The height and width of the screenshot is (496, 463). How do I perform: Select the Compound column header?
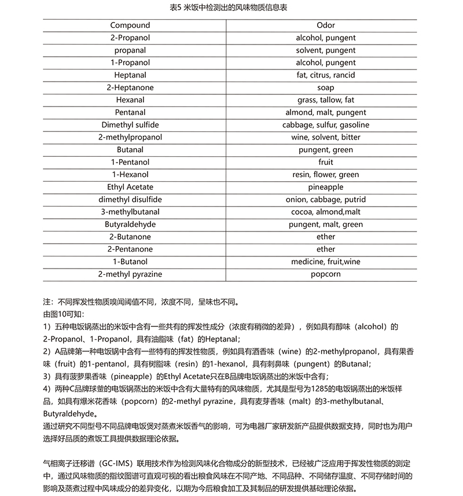(130, 25)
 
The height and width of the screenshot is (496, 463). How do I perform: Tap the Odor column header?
(326, 25)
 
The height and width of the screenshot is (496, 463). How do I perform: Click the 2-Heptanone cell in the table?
(130, 87)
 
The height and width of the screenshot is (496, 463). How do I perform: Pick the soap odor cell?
(326, 87)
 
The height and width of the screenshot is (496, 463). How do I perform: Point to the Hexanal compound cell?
(130, 100)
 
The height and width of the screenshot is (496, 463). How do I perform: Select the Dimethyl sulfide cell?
(130, 125)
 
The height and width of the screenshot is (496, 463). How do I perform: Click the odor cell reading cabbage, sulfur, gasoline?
(326, 125)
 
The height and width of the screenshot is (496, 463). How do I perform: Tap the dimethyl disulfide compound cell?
(130, 200)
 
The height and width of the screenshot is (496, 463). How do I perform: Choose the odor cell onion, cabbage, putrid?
(326, 200)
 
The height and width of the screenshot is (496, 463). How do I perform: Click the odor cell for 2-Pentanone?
(326, 249)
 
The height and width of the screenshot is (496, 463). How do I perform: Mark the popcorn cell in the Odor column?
(326, 274)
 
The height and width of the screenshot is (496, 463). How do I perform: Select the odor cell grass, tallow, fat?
(326, 100)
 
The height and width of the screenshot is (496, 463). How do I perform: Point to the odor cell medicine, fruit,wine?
(326, 262)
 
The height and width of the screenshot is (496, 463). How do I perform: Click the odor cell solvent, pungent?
(326, 50)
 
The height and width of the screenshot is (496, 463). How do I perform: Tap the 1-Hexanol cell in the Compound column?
(130, 175)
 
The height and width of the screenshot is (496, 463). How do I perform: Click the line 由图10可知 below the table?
(64, 314)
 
